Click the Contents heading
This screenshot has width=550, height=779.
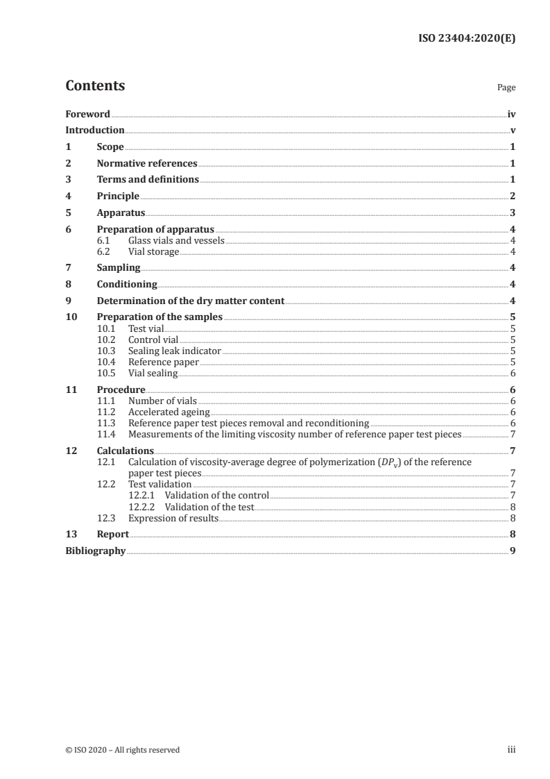95,86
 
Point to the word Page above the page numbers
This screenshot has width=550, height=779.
506,88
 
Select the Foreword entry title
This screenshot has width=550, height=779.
87,114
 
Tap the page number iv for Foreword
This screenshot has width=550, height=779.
511,114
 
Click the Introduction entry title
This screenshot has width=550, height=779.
95,131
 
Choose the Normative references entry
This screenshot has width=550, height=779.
147,164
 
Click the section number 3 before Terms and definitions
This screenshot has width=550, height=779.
68,180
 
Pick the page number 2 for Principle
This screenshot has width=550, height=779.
513,196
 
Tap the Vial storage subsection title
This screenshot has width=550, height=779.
153,251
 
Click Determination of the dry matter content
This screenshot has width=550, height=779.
191,301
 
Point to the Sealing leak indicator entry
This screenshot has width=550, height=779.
174,351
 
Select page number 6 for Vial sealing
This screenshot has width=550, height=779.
513,373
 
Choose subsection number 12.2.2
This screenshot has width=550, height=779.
144,508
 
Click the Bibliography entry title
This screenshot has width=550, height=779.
95,551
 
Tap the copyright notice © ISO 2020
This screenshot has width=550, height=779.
123,750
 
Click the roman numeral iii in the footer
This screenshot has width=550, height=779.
511,750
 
